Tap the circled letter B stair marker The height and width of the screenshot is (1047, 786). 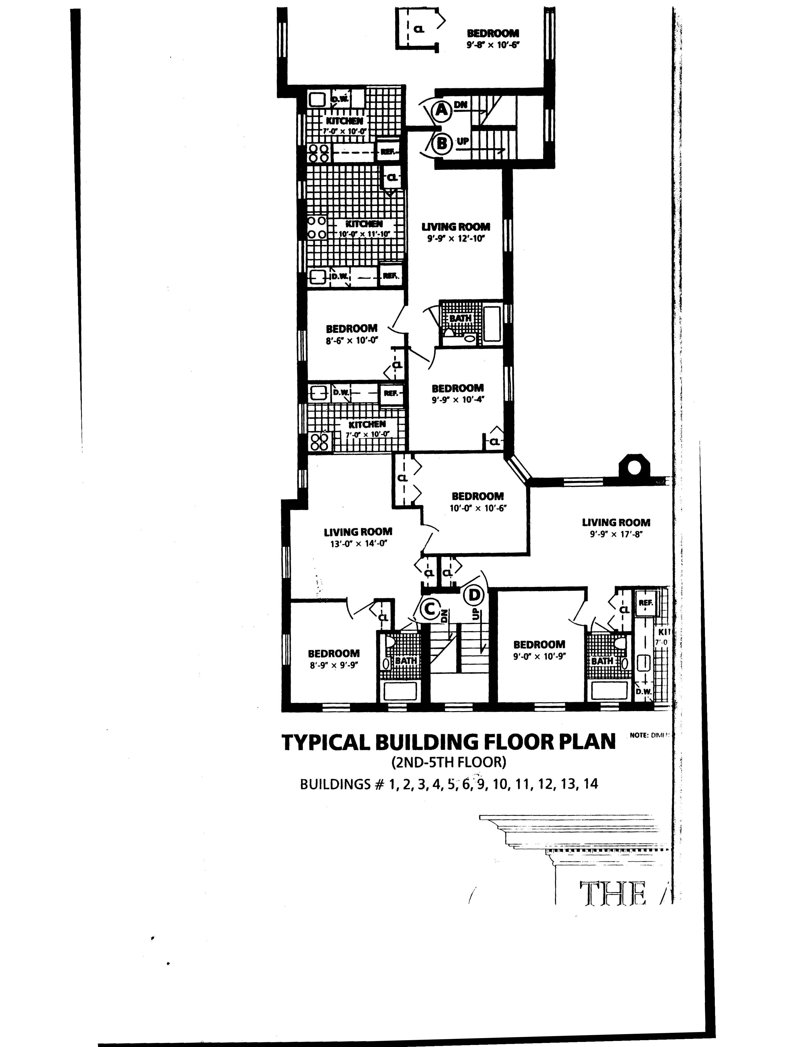tap(441, 143)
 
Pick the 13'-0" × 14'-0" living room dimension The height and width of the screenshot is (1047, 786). tap(358, 544)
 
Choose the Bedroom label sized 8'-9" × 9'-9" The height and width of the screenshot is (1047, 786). tap(334, 654)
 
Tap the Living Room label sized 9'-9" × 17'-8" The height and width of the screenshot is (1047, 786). tap(616, 522)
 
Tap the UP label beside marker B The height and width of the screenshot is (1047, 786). tap(463, 141)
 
